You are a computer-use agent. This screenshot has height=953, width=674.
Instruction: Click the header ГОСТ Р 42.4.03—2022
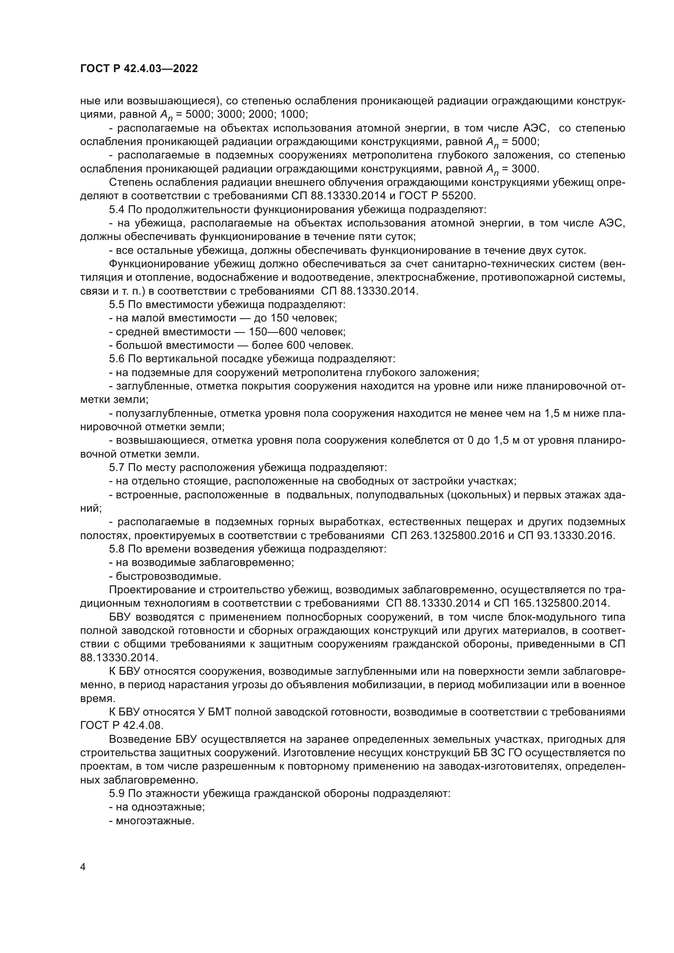139,69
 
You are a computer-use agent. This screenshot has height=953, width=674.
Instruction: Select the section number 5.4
117,209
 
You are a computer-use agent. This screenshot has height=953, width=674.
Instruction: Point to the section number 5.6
117,359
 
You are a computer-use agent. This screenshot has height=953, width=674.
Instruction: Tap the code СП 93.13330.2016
566,536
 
